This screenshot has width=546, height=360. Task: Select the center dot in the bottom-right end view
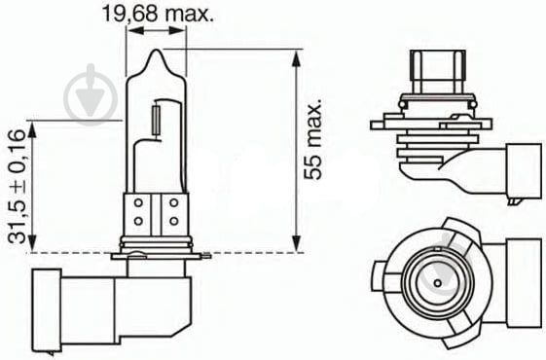[436, 283]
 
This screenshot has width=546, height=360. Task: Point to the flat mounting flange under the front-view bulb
[161, 255]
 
